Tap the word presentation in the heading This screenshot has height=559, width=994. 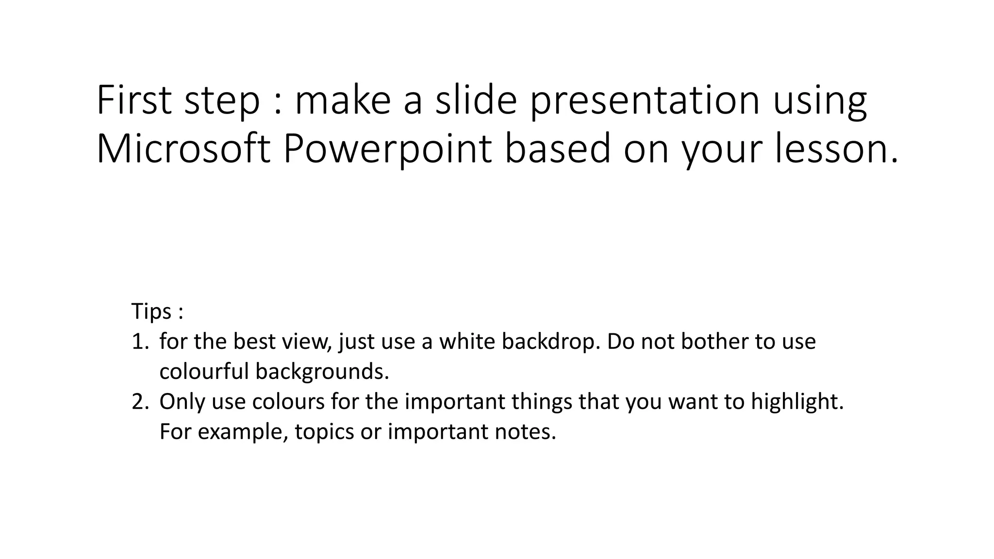pos(644,100)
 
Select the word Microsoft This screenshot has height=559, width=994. pos(183,149)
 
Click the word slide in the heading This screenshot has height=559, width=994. pos(476,100)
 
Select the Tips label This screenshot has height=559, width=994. pos(151,311)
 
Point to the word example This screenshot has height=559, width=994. pos(239,432)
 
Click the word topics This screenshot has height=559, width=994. pos(324,432)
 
